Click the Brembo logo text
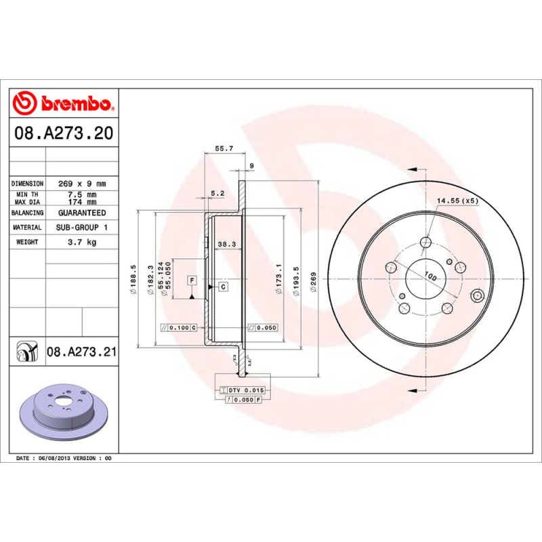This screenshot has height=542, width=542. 75,104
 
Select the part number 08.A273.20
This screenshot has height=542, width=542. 63,133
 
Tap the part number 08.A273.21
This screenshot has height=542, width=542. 82,352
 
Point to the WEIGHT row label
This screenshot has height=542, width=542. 27,242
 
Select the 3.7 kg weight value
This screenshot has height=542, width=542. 81,242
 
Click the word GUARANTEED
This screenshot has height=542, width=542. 81,213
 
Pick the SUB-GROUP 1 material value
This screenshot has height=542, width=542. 81,228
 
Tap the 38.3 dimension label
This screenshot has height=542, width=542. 226,245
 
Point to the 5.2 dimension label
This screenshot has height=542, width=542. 217,193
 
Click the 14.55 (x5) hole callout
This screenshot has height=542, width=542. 457,201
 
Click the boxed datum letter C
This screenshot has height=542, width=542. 223,287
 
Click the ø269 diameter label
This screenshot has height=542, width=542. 313,281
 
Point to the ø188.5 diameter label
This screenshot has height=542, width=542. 133,278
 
